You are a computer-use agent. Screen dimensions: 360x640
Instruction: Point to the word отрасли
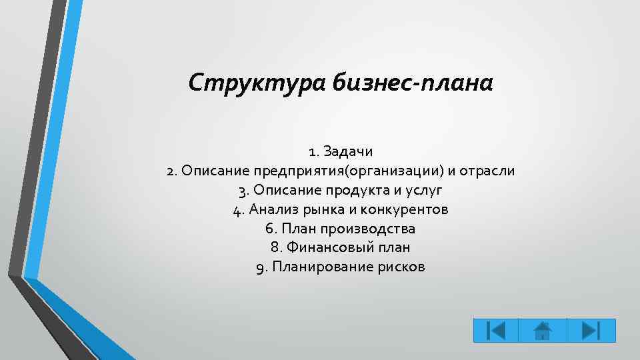[x=486, y=171]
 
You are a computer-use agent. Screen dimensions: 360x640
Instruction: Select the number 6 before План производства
[x=269, y=229]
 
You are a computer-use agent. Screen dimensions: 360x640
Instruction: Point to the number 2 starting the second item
[x=171, y=171]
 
